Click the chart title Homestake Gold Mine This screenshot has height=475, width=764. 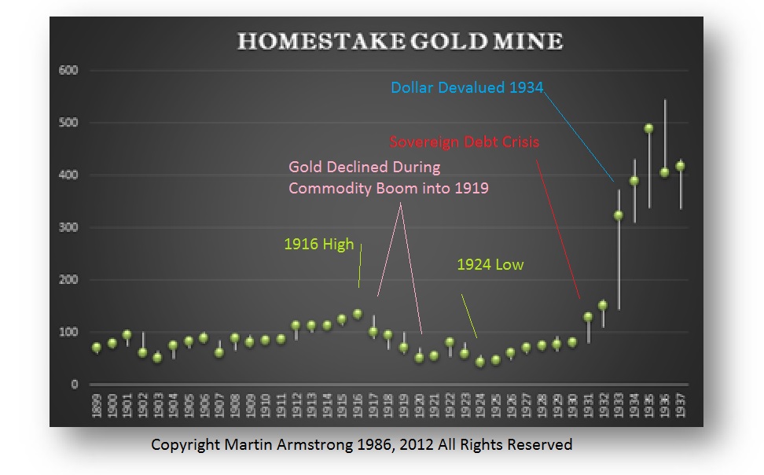point(400,42)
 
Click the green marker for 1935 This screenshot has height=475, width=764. point(649,129)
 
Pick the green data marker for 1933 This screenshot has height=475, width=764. point(619,215)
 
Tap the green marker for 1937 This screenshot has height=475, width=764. point(680,166)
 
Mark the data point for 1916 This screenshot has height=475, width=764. point(358,314)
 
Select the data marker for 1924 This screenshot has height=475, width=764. point(480,362)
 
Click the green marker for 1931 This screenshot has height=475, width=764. point(588,317)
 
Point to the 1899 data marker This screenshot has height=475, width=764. point(97,347)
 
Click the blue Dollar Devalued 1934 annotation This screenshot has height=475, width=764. point(467,87)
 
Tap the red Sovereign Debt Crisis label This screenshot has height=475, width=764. point(464,143)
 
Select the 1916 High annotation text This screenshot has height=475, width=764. point(318,244)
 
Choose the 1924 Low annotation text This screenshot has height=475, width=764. point(490,265)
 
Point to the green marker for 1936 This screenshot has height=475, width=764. point(665,172)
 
